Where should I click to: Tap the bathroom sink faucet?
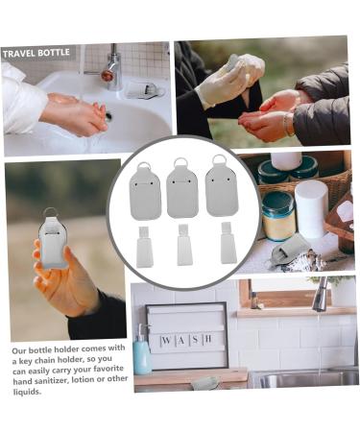click(111, 69)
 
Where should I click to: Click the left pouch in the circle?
click(146, 194)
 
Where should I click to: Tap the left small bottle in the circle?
click(144, 248)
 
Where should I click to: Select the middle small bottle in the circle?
click(184, 248)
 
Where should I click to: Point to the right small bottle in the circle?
click(227, 244)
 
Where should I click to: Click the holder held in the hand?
click(54, 240)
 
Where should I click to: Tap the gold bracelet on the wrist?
click(288, 124)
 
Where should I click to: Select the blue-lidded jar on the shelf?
click(278, 217)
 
